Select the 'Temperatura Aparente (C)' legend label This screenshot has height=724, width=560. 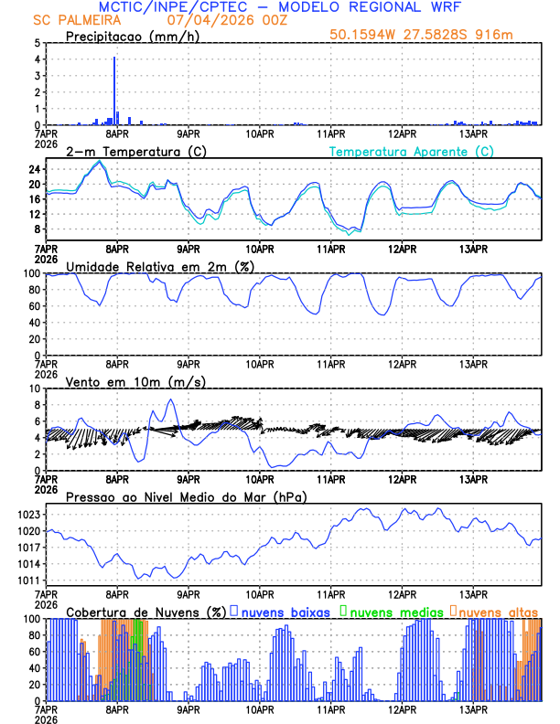[x=412, y=151]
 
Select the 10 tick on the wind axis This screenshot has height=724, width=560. [x=35, y=389]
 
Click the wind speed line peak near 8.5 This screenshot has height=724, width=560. [x=169, y=399]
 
